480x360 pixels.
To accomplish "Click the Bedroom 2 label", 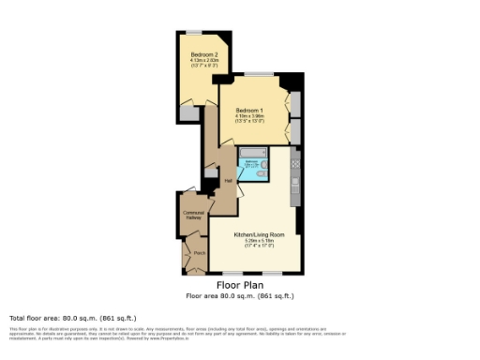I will [197, 55].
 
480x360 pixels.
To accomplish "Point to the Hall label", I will [228, 181].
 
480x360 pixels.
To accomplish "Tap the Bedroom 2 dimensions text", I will [197, 64].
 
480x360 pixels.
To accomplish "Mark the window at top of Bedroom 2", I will [196, 33].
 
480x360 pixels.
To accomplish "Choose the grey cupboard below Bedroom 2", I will [190, 113].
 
